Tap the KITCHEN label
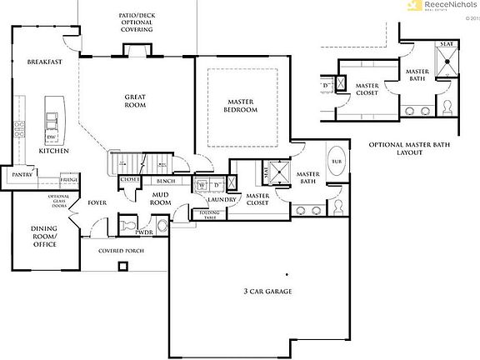coord(53,151)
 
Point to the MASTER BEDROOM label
coord(241,105)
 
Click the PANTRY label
coord(20,175)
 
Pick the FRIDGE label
coord(69,180)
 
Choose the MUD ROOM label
coord(161,198)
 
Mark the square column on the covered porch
coord(122,267)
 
